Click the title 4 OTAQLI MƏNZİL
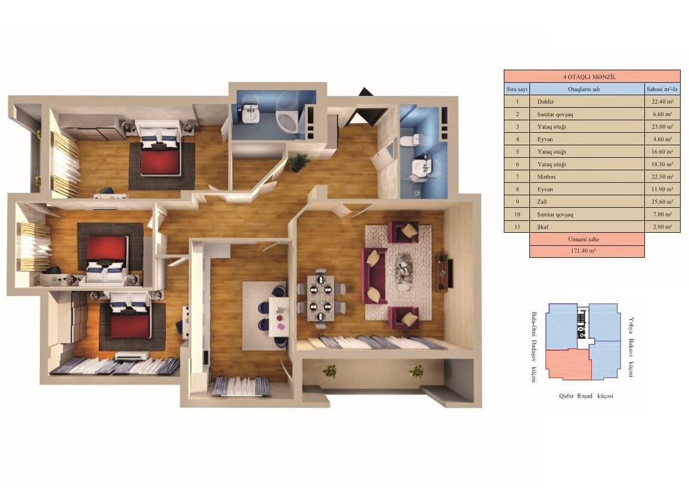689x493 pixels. [x=591, y=77]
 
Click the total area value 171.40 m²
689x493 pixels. [x=587, y=251]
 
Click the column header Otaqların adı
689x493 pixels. [x=587, y=89]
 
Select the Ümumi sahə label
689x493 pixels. [x=587, y=239]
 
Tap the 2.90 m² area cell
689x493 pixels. [x=662, y=226]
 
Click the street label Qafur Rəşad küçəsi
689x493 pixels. [x=586, y=396]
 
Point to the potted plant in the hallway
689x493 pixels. [x=298, y=161]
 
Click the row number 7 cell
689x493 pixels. [x=517, y=176]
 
